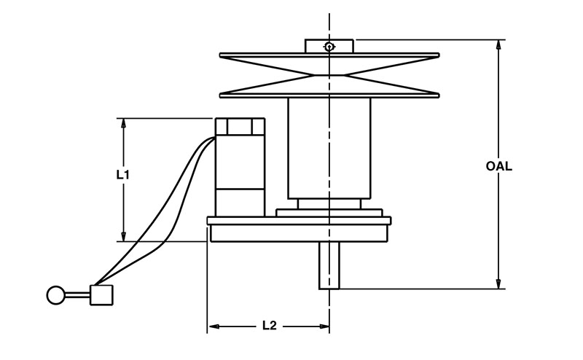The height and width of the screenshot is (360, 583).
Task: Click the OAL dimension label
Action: coord(499,166)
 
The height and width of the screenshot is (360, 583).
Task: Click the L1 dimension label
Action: coord(123,175)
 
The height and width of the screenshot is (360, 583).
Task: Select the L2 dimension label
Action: coord(269,326)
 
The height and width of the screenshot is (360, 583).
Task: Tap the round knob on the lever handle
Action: coord(55,295)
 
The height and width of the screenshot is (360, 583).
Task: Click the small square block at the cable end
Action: coord(101,294)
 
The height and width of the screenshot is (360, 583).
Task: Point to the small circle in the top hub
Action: coord(329,47)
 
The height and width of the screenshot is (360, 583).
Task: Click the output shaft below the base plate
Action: coord(329,266)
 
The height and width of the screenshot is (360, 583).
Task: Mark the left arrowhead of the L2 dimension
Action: coord(214,326)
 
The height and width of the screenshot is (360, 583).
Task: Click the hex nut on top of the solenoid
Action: coord(239,126)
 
